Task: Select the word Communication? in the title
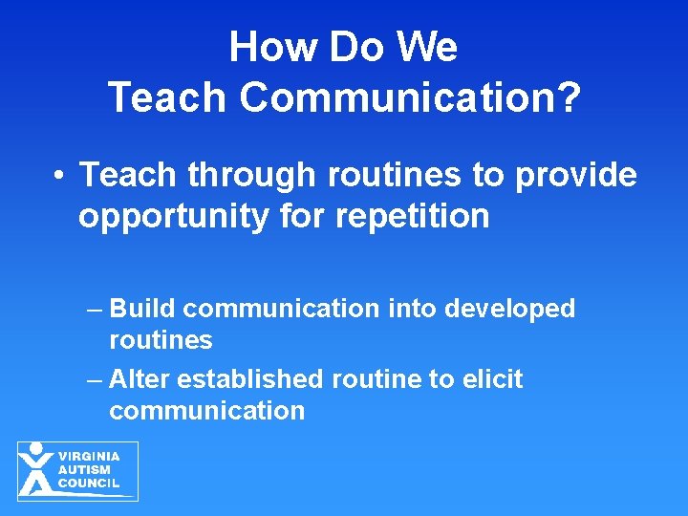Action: point(410,97)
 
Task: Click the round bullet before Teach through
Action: point(59,176)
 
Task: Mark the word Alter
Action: point(140,379)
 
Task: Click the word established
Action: point(250,379)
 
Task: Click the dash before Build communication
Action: point(92,310)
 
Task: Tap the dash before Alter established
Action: point(92,380)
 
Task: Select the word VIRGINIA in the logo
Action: point(89,457)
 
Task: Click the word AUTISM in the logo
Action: point(84,470)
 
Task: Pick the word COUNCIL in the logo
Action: point(89,484)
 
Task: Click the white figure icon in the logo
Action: point(36,469)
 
